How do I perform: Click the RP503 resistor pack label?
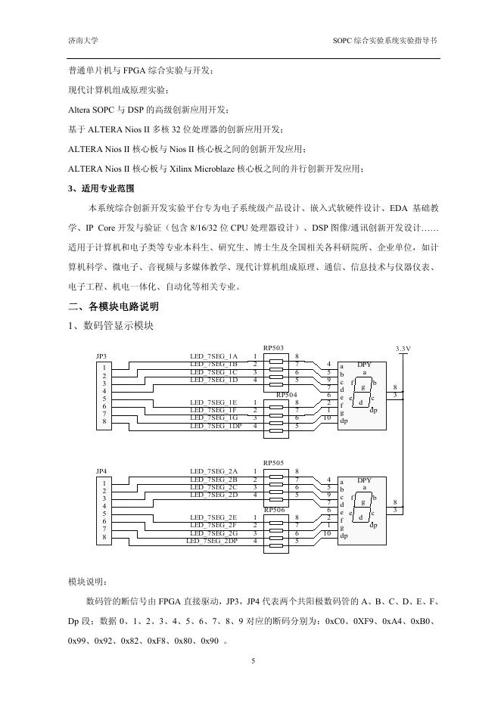274,347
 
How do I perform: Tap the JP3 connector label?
101,356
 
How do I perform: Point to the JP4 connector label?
101,471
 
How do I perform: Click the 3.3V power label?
403,348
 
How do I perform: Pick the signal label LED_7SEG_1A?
213,356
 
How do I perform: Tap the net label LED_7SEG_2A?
213,471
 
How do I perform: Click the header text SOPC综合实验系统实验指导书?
384,39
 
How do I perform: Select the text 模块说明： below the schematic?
88,582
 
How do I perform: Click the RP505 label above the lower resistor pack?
274,462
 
